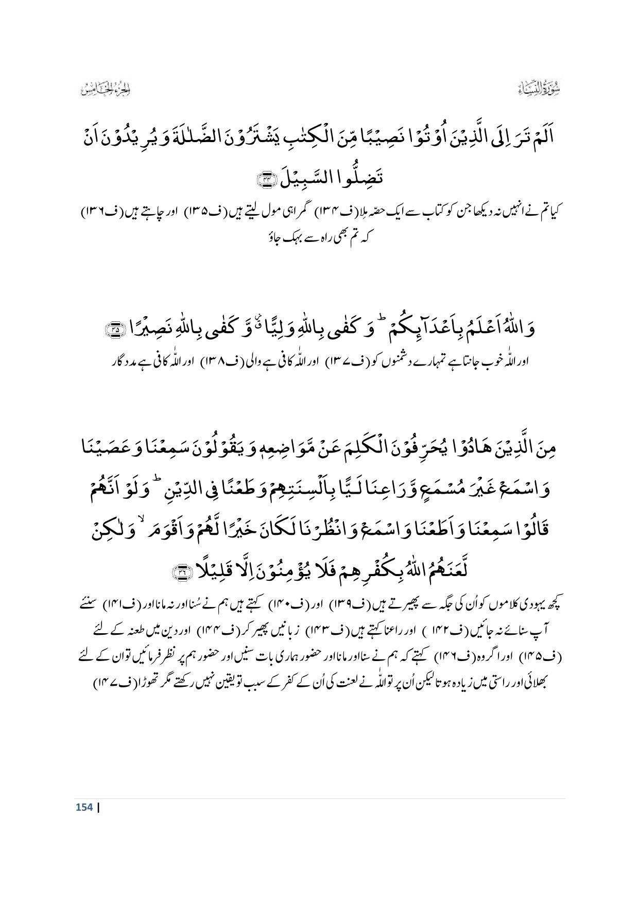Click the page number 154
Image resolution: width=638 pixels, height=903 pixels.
pyautogui.click(x=84, y=807)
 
